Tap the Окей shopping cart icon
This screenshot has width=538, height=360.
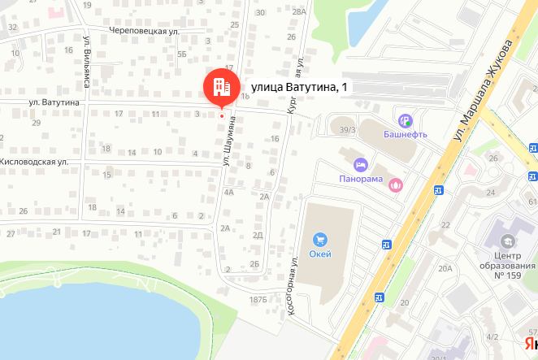click(x=320, y=240)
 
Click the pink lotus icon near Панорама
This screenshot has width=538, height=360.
click(x=396, y=184)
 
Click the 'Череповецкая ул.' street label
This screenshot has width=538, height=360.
click(x=144, y=31)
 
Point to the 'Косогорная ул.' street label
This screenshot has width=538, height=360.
click(x=293, y=286)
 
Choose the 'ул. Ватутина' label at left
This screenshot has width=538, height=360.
click(x=54, y=102)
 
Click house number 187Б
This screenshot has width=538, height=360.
click(x=258, y=301)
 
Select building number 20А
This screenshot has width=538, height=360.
click(x=445, y=268)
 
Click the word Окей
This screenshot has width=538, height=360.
click(x=320, y=254)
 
